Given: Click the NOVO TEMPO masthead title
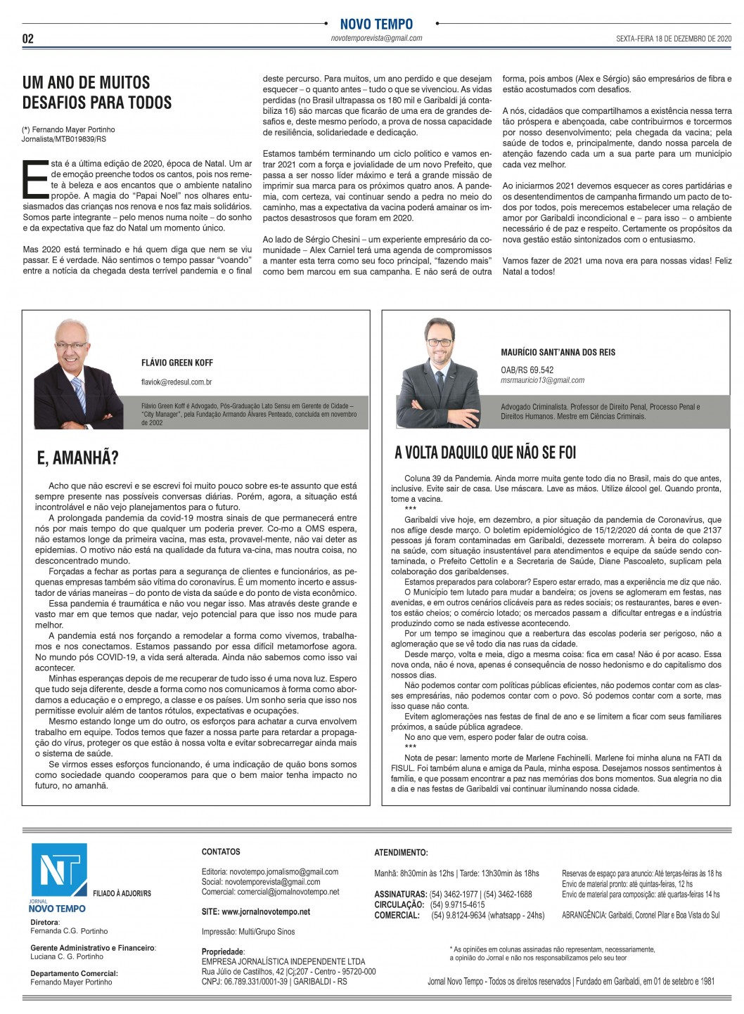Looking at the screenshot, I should pyautogui.click(x=376, y=24).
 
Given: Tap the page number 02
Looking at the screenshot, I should pyautogui.click(x=28, y=39).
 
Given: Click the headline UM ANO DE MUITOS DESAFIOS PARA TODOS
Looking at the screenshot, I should pyautogui.click(x=97, y=93).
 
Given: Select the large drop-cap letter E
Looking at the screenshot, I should pyautogui.click(x=35, y=179).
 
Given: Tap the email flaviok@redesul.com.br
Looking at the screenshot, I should pyautogui.click(x=177, y=382).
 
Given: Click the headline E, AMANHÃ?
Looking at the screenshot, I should pyautogui.click(x=77, y=458).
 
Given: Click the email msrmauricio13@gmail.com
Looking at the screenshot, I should pyautogui.click(x=542, y=380).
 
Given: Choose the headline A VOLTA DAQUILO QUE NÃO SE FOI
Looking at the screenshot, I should pyautogui.click(x=485, y=453).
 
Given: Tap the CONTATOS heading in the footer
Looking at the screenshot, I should pyautogui.click(x=221, y=852).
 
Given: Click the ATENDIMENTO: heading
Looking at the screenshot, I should pyautogui.click(x=401, y=852).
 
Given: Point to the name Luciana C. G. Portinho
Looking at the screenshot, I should pyautogui.click(x=67, y=956).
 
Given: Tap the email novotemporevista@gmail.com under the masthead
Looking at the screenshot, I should pyautogui.click(x=376, y=39).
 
